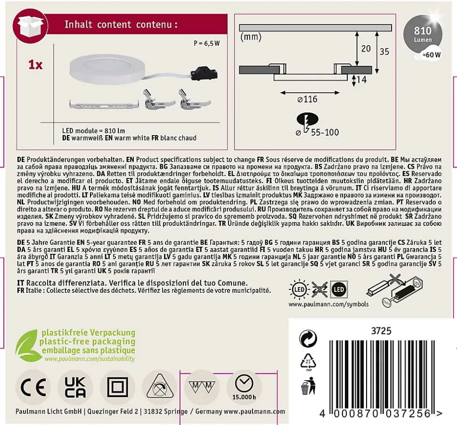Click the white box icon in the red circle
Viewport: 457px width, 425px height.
click(x=31, y=25)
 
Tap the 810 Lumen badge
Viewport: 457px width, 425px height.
click(x=423, y=34)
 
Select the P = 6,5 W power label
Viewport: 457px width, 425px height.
click(x=207, y=43)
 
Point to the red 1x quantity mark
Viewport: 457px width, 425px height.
click(x=35, y=64)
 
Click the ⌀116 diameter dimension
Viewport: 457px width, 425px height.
click(x=307, y=99)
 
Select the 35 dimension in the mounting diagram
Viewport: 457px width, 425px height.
click(x=384, y=51)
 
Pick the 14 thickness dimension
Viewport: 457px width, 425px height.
click(x=361, y=80)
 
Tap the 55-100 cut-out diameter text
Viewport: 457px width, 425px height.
click(x=325, y=132)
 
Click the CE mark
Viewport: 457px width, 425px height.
click(x=33, y=387)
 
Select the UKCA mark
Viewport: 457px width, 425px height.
click(x=75, y=387)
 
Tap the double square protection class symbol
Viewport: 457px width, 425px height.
click(x=117, y=387)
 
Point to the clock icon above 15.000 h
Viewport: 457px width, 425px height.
click(x=244, y=384)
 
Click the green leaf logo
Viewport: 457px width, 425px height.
click(x=26, y=345)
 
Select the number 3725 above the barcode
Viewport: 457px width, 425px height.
click(x=381, y=331)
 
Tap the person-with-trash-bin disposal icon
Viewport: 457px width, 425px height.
click(x=308, y=386)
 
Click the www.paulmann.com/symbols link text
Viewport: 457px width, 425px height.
click(x=328, y=304)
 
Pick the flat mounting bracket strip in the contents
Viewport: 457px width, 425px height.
click(x=104, y=104)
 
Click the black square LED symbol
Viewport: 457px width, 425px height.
click(x=339, y=289)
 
